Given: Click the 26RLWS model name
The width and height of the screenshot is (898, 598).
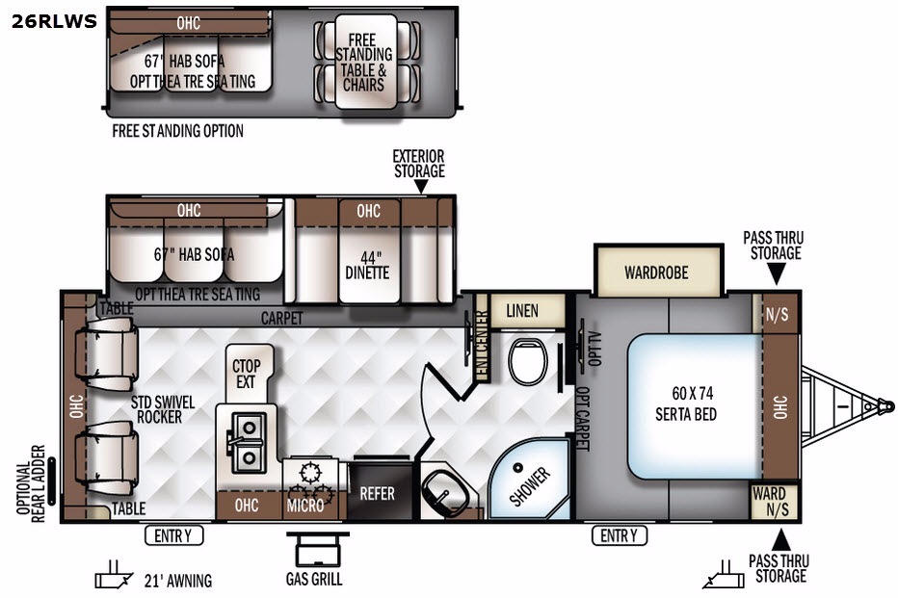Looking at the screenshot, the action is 54,21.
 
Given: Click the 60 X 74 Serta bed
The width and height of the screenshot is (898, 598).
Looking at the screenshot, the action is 695,405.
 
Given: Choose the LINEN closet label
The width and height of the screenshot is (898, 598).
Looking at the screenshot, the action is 522,311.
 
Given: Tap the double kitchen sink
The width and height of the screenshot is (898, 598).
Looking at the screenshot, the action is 248,443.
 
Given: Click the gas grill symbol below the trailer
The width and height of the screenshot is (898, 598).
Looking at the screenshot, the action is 317,549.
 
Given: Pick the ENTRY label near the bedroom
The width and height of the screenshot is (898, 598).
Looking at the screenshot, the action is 620,535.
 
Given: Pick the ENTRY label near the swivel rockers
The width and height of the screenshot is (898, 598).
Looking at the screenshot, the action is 173,535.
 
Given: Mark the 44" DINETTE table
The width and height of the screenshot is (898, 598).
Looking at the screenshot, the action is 368,266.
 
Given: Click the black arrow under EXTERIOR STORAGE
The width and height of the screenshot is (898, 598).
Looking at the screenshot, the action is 420,187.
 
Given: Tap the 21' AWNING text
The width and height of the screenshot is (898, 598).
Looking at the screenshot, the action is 178,581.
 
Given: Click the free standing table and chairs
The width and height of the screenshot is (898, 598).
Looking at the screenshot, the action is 366,62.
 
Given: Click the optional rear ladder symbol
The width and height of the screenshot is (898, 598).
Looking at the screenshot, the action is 51,481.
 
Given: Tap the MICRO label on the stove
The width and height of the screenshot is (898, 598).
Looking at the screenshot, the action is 305,506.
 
